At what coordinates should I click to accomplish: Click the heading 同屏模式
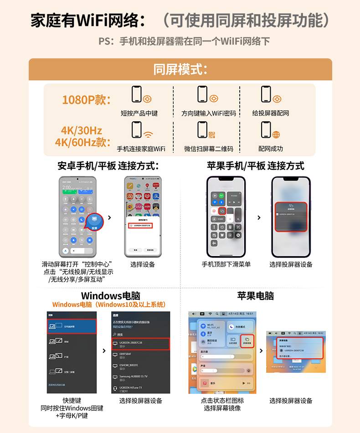pyautogui.click(x=180, y=70)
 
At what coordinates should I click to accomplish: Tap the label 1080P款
pyautogui.click(x=87, y=100)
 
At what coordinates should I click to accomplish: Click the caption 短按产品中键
pyautogui.click(x=139, y=113)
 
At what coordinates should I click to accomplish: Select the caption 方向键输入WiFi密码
pyautogui.click(x=209, y=113)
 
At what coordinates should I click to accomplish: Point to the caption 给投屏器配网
pyautogui.click(x=271, y=113)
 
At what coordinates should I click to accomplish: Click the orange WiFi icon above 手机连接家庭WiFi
pyautogui.click(x=148, y=134)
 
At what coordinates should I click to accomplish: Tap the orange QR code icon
pyautogui.click(x=211, y=134)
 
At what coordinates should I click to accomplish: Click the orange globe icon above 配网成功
pyautogui.click(x=276, y=134)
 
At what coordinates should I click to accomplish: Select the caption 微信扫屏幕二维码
pyautogui.click(x=209, y=149)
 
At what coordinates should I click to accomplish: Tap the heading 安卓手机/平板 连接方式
pyautogui.click(x=108, y=165)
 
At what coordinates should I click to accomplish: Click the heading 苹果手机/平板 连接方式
pyautogui.click(x=256, y=165)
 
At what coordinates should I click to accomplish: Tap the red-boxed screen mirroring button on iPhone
pyautogui.click(x=222, y=211)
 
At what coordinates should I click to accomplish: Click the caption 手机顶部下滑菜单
pyautogui.click(x=226, y=264)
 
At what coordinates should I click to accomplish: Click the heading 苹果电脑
pyautogui.click(x=256, y=295)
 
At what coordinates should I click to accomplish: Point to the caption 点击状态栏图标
pyautogui.click(x=222, y=401)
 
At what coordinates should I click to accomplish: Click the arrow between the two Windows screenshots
pyautogui.click(x=104, y=351)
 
